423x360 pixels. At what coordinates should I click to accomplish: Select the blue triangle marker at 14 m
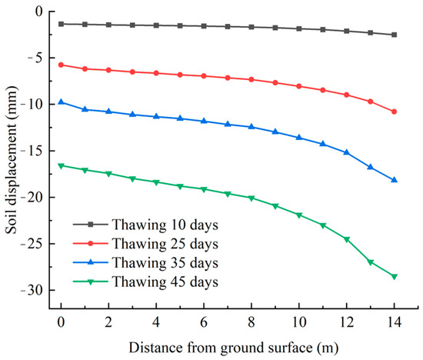pos(395,180)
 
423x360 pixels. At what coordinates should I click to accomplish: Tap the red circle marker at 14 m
pos(395,112)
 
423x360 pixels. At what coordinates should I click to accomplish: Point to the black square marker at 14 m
pos(395,35)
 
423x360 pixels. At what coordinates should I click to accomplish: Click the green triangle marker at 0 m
pos(61,165)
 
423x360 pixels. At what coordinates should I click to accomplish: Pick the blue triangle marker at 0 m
pos(61,102)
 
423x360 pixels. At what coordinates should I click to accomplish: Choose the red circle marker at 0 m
pos(61,65)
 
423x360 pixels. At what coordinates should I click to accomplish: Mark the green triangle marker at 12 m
pos(347,239)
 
